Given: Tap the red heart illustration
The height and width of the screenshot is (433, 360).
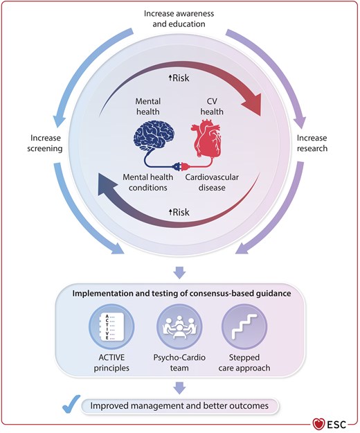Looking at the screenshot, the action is tap(206, 138).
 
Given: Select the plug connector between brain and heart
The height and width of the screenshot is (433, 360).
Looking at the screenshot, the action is tap(180, 166).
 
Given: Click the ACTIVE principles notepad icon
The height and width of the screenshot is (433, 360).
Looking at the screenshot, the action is tap(111, 327).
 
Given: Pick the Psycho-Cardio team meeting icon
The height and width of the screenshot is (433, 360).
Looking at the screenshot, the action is tap(179, 327).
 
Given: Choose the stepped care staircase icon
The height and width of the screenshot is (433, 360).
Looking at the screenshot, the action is tap(244, 327).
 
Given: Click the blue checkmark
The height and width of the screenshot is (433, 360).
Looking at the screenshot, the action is tap(71, 404).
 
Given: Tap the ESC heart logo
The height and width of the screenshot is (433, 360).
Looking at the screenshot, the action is tap(318, 424).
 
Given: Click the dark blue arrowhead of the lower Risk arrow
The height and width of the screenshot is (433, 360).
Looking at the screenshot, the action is tap(107, 186).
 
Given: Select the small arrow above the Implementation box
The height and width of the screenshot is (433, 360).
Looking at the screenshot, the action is tap(179, 272).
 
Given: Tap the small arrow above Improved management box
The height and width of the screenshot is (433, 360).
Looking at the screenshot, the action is tap(179, 388).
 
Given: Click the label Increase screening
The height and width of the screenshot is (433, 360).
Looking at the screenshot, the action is tap(45, 143).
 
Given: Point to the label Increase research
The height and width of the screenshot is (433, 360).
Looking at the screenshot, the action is tap(312, 143).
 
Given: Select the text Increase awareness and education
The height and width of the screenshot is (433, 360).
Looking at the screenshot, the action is tap(179, 19).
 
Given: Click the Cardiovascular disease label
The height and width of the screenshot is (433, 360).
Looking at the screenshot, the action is tap(212, 182).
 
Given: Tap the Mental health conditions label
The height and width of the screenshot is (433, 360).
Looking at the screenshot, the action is tap(148, 182).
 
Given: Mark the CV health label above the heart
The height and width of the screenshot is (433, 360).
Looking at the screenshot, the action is tap(212, 106).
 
